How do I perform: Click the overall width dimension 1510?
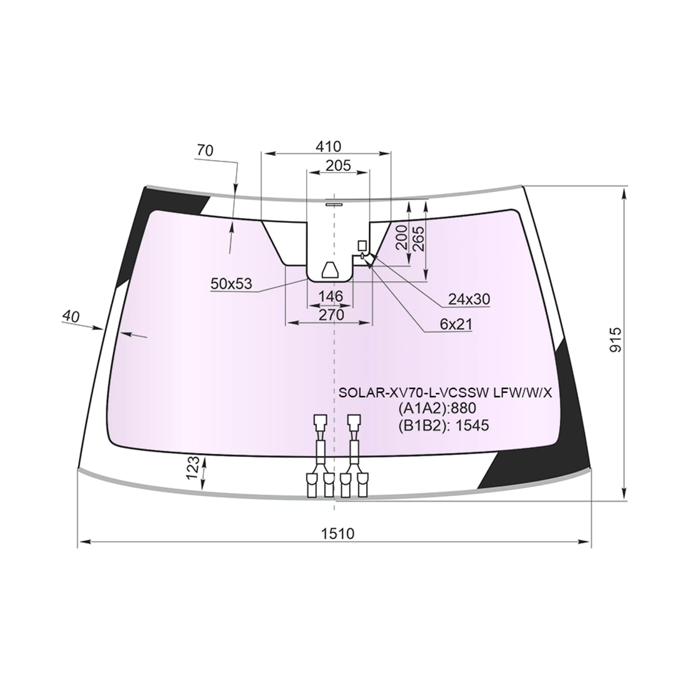pos(338,533)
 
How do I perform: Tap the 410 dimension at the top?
pos(328,146)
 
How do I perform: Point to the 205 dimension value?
pos(338,165)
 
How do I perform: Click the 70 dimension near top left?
pos(205,151)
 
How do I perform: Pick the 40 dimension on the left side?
pos(71,316)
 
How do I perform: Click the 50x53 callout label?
pos(231,284)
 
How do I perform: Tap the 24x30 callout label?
pos(469,299)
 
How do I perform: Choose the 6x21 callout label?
pos(456,324)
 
